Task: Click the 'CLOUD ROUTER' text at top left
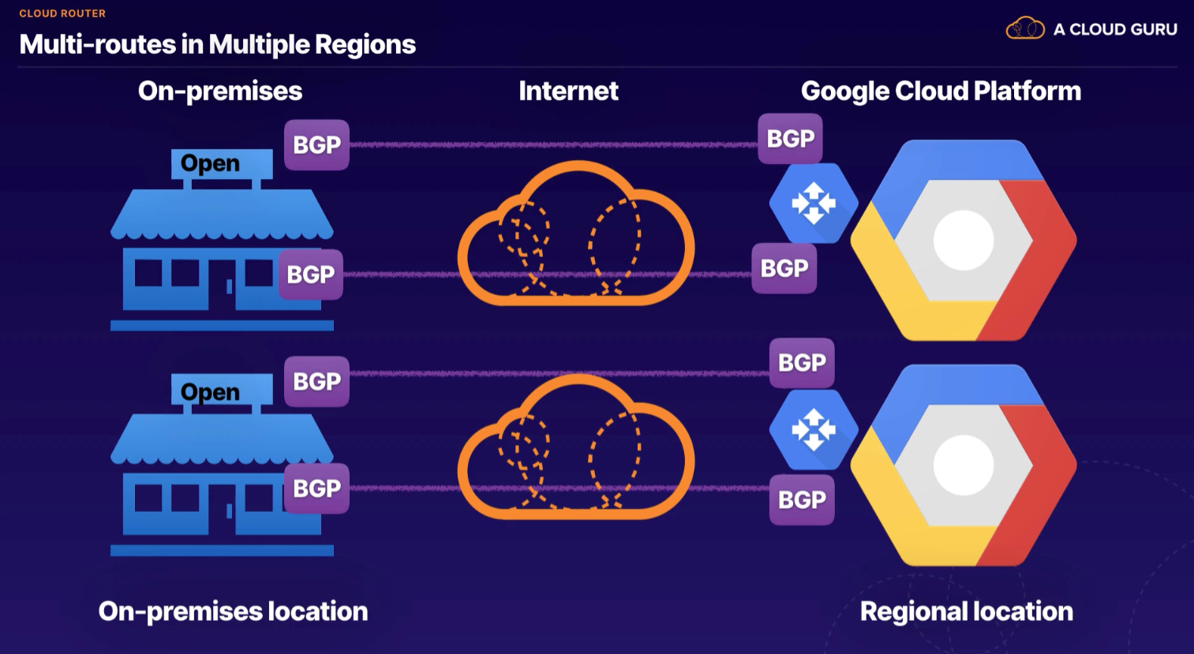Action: (x=62, y=13)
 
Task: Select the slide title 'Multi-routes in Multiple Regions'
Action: (x=217, y=44)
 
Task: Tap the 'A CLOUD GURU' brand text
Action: (x=1115, y=29)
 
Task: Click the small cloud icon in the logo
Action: (x=1024, y=28)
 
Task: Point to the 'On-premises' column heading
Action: (x=220, y=91)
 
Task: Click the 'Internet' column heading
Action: (x=568, y=91)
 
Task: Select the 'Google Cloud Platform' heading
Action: (x=941, y=91)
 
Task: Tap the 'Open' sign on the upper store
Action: (x=211, y=163)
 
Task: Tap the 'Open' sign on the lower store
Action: (x=211, y=392)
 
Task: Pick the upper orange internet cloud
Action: (x=576, y=237)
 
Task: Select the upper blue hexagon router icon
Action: (x=814, y=204)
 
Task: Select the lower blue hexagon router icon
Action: (x=814, y=430)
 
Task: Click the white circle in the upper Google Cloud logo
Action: (x=964, y=241)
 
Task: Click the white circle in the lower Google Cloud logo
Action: (x=964, y=465)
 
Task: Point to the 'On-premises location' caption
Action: (x=233, y=611)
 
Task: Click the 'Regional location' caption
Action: (x=966, y=611)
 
